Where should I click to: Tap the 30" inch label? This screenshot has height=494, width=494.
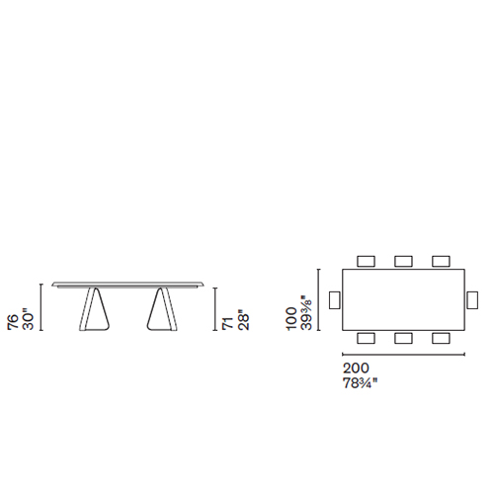point(28,319)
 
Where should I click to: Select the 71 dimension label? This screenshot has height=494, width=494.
point(228,324)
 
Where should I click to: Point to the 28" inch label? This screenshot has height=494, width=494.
point(243,320)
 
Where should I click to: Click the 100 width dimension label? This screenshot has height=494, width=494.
point(291,319)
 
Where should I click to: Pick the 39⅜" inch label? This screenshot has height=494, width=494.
point(306,313)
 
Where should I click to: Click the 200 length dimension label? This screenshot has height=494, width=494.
point(356,368)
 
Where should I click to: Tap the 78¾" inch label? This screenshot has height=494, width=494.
point(360,383)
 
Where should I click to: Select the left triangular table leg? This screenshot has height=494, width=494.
point(95,309)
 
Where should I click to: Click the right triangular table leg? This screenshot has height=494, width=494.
point(162,309)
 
